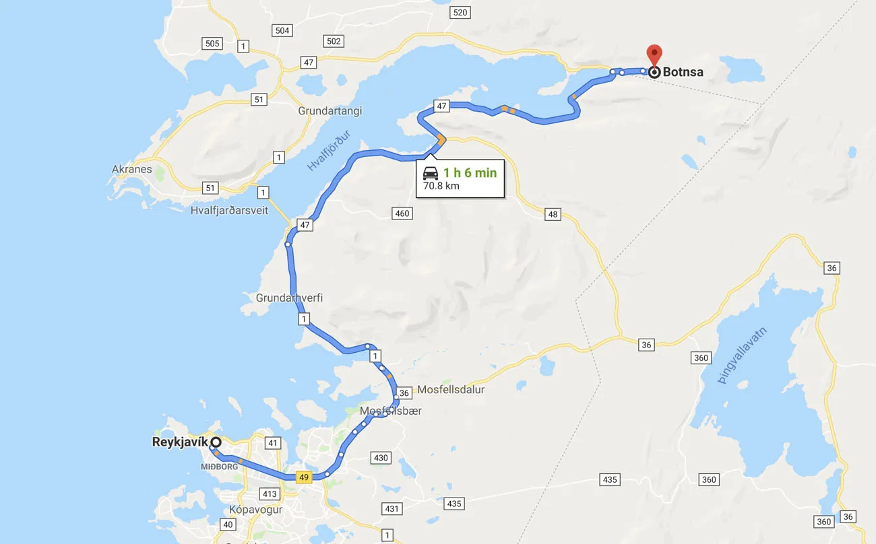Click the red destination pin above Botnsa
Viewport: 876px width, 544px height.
(x=654, y=54)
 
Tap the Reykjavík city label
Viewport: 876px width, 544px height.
(x=180, y=442)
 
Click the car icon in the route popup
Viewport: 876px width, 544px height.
(x=431, y=173)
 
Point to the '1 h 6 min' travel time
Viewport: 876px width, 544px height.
(x=470, y=173)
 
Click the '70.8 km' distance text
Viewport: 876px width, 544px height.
(x=441, y=186)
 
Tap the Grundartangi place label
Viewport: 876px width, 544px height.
(x=330, y=110)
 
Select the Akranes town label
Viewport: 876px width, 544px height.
(x=132, y=169)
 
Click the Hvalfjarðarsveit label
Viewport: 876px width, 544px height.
(x=229, y=210)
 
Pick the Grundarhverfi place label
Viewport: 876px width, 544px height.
(x=289, y=298)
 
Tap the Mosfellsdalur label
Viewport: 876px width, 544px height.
(x=451, y=390)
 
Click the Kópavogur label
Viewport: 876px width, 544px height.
(x=255, y=509)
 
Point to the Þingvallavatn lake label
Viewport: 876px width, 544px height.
(x=743, y=354)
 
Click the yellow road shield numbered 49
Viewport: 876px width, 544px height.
(x=304, y=477)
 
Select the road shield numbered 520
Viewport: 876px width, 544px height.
(x=460, y=13)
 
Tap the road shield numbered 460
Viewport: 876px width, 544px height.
(x=402, y=213)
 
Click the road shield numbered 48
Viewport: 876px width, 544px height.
(x=553, y=214)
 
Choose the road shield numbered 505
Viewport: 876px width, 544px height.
(x=212, y=43)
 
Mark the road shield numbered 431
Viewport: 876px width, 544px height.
(x=392, y=508)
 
